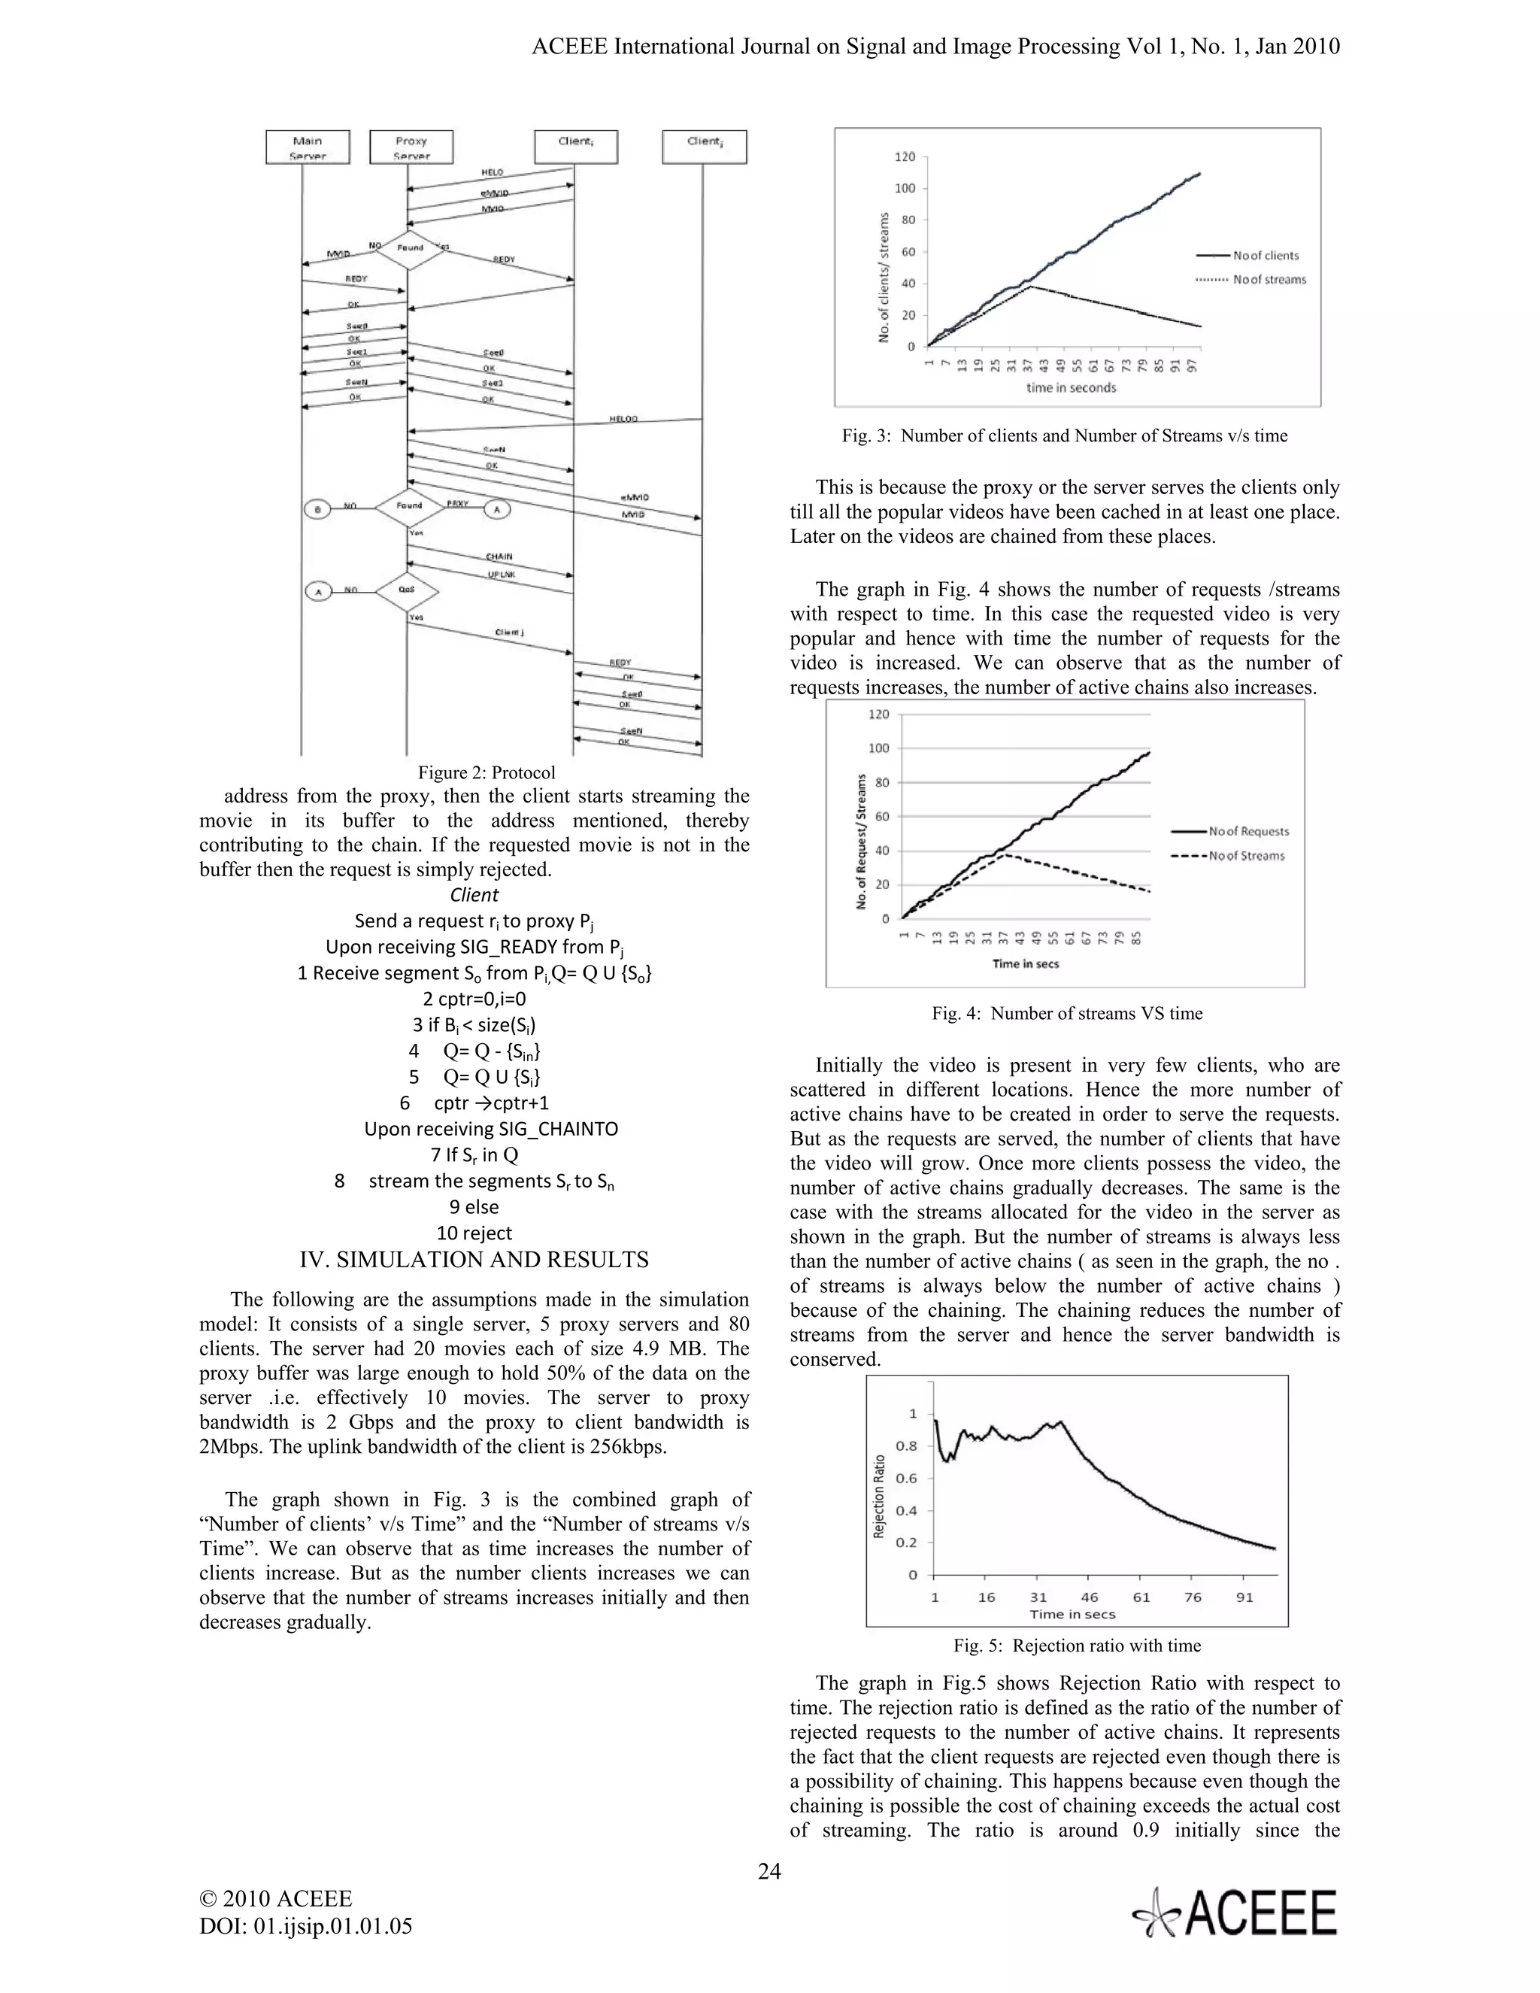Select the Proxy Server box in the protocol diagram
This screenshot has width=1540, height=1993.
click(411, 147)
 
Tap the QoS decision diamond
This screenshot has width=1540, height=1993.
click(407, 590)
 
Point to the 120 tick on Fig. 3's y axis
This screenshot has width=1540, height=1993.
click(904, 157)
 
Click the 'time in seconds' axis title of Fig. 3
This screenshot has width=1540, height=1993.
click(1070, 388)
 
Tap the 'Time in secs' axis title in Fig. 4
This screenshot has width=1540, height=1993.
click(1026, 963)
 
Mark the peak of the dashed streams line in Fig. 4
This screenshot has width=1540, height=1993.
click(1005, 854)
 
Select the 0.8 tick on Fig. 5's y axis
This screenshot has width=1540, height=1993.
click(906, 1445)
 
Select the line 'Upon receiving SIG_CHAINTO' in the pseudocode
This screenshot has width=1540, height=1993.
click(491, 1129)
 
